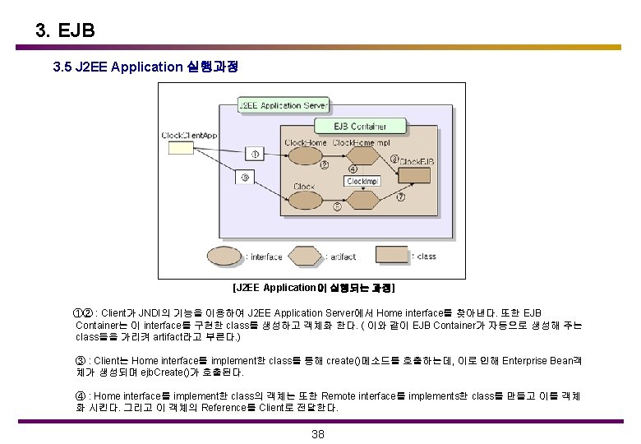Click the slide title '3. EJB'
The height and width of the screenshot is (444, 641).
[66, 31]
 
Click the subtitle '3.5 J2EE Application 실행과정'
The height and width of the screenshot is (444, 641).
[145, 67]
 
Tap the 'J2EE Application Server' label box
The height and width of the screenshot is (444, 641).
[283, 105]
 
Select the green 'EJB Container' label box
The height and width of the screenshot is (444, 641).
[360, 126]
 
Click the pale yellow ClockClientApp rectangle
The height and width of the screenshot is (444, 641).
[182, 148]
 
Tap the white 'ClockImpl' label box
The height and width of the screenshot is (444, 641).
[362, 181]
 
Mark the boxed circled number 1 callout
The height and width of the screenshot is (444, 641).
[255, 153]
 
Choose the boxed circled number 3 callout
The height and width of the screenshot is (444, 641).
[244, 177]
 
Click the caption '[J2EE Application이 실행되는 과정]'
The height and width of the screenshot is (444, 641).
[314, 288]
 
